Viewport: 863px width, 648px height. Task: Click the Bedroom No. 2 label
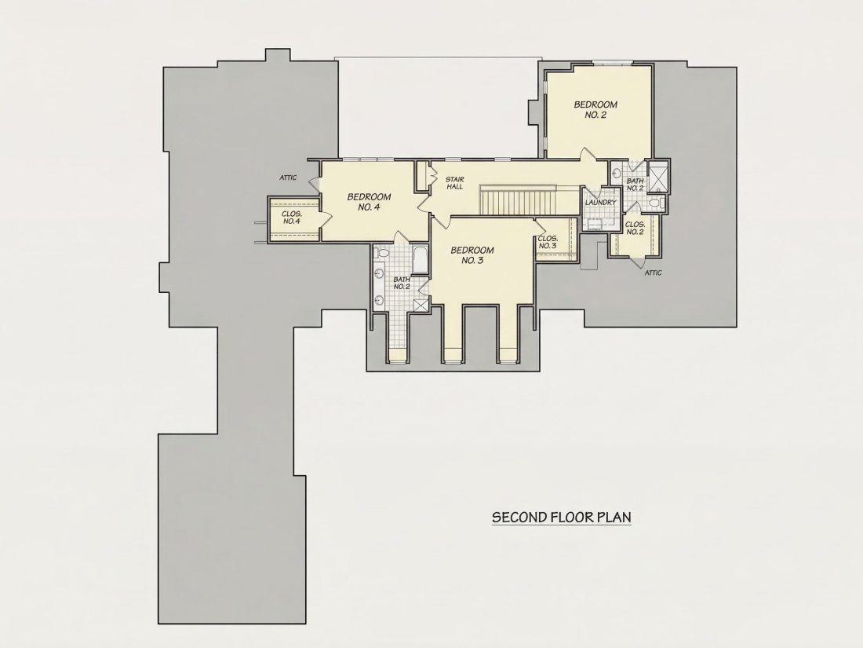[x=595, y=109]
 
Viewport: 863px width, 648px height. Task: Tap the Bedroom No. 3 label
[x=472, y=255]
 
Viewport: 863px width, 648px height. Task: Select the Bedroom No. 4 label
[x=369, y=202]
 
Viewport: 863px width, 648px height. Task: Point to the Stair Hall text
[x=454, y=183]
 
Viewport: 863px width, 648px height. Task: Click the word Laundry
[x=600, y=202]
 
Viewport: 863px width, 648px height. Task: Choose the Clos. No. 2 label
[x=635, y=228]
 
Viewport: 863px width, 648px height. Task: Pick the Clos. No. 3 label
[x=548, y=242]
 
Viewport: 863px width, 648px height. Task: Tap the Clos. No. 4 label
[x=291, y=218]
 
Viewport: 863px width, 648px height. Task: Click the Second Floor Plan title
[x=562, y=518]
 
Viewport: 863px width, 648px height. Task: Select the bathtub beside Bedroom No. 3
[x=420, y=259]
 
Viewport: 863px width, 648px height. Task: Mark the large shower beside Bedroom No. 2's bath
[x=657, y=178]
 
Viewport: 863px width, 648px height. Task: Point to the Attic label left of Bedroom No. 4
[x=288, y=178]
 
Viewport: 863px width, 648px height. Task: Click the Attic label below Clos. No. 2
[x=654, y=273]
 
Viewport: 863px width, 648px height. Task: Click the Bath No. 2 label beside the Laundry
[x=635, y=184]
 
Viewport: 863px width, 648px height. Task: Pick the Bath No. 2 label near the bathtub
[x=402, y=284]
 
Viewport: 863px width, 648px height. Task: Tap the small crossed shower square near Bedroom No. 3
[x=421, y=306]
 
